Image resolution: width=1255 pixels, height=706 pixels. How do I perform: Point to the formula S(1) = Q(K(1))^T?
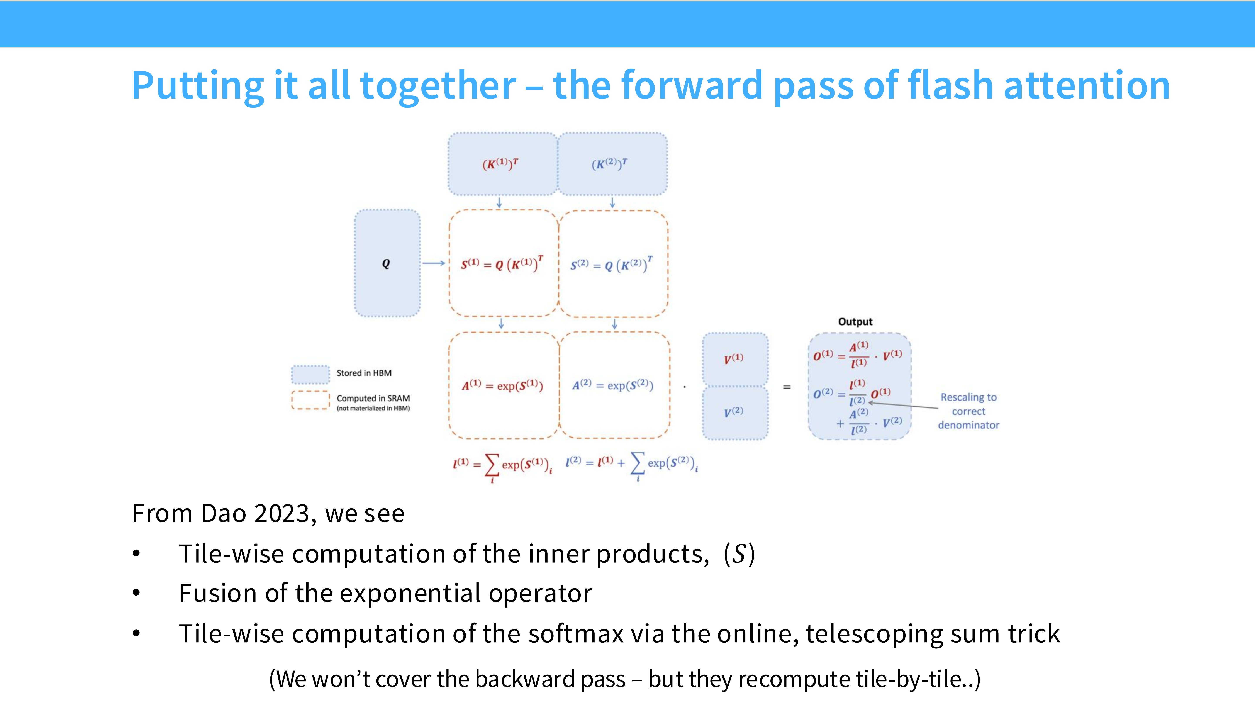click(x=502, y=265)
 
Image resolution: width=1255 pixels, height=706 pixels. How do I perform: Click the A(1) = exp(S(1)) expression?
click(x=502, y=385)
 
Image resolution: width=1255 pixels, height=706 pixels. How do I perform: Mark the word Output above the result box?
click(x=855, y=322)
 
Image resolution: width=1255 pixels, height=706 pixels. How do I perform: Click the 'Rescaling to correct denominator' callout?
click(x=968, y=411)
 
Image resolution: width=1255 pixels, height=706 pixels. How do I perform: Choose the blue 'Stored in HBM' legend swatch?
click(x=310, y=374)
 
